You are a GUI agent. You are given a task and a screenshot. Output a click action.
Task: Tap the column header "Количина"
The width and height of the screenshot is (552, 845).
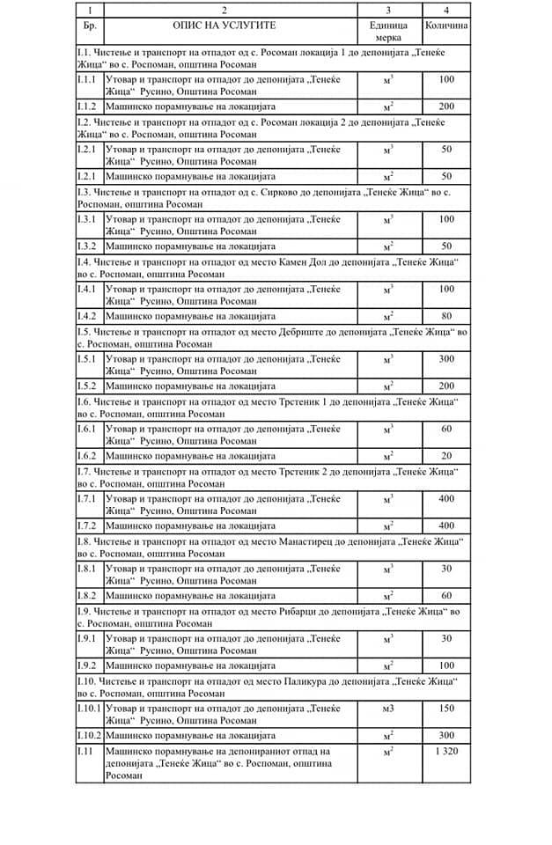(x=445, y=26)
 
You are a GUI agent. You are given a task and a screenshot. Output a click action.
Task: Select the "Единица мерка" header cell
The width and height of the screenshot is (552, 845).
(x=388, y=32)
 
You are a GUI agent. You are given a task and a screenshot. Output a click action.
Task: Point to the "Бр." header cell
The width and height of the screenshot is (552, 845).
(x=88, y=26)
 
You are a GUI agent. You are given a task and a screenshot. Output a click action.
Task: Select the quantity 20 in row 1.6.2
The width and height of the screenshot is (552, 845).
(x=445, y=456)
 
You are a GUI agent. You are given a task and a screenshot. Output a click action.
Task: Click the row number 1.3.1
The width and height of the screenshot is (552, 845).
(x=88, y=218)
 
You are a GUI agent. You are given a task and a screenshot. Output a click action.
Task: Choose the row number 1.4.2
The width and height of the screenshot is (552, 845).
(x=88, y=316)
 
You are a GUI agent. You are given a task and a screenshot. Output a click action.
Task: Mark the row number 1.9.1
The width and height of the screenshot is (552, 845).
(x=88, y=637)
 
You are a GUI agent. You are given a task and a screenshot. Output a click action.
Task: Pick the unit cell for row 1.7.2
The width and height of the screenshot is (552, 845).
(x=388, y=526)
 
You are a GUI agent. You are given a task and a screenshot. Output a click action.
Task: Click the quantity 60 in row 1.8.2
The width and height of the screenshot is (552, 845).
(x=445, y=596)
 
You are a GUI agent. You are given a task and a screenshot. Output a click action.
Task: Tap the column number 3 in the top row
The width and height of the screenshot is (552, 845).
(x=388, y=9)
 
